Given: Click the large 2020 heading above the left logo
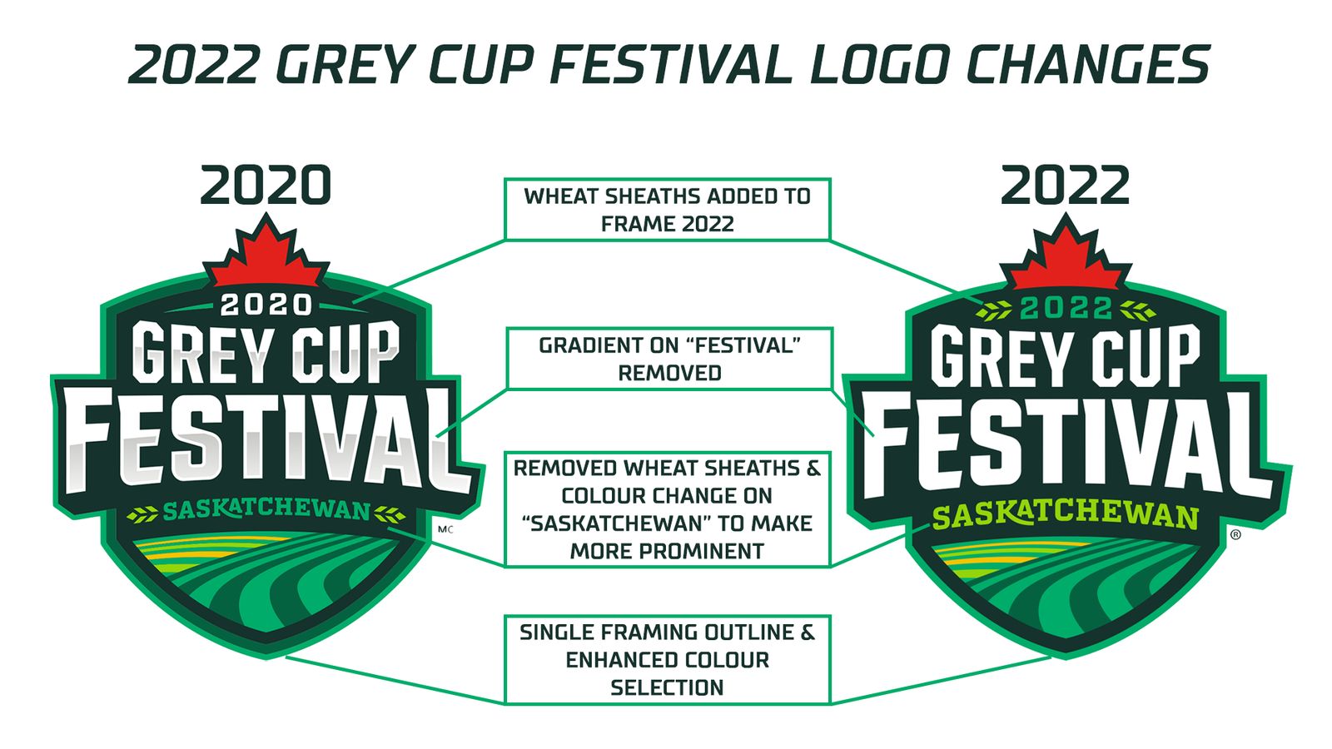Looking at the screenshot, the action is coord(266,185).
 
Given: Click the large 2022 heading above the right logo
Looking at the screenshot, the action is coord(1065,185).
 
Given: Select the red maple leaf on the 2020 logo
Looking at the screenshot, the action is coord(266,255).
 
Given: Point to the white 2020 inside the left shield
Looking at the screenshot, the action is coord(266,305).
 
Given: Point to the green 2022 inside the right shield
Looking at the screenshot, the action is coord(1066,308).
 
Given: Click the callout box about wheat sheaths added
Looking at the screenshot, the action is coord(667,209).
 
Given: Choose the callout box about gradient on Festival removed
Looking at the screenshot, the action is coord(669,359).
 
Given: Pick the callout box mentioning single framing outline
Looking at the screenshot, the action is coord(667,660).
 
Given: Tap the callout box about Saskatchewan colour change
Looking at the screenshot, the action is coord(667,509).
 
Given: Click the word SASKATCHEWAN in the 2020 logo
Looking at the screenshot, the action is coord(266,510).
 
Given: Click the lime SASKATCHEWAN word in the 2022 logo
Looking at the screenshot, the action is coord(1065,516).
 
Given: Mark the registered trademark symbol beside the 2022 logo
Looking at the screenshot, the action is coord(1235,534).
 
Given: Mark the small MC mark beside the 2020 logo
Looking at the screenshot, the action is coord(445,529).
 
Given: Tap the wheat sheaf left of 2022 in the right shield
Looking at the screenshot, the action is coord(994,310).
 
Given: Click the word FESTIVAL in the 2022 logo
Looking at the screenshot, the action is coord(1065,446).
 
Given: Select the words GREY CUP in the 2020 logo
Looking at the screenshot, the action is coord(266,353).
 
